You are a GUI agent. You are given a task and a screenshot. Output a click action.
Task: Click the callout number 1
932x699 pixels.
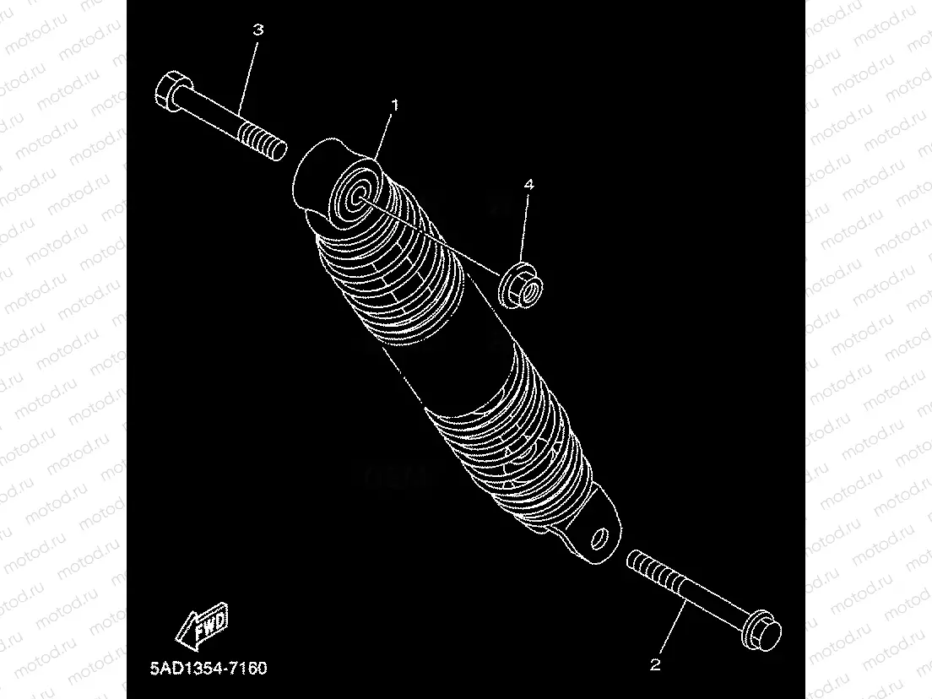point(394,106)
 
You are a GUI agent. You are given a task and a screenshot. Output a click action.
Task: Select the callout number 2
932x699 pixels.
point(655,664)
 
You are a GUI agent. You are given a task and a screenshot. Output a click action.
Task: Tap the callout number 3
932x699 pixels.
point(258,30)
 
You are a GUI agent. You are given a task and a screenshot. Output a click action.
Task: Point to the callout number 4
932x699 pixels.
point(529,183)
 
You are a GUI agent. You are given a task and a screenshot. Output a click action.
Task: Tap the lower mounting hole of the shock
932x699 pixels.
point(601,538)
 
